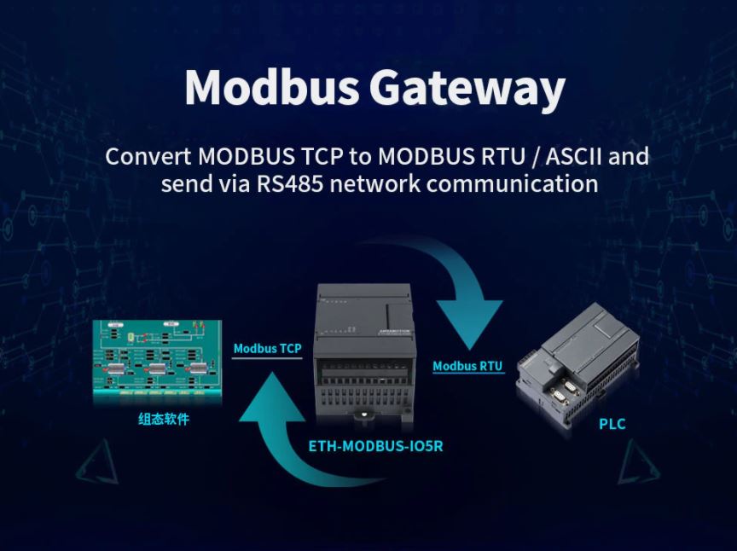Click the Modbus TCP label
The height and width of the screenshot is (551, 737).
267,349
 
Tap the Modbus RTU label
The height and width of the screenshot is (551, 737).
467,367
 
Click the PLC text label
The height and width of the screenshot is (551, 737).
612,424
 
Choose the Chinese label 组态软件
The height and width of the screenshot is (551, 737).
164,420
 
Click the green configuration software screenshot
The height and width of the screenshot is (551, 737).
158,360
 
